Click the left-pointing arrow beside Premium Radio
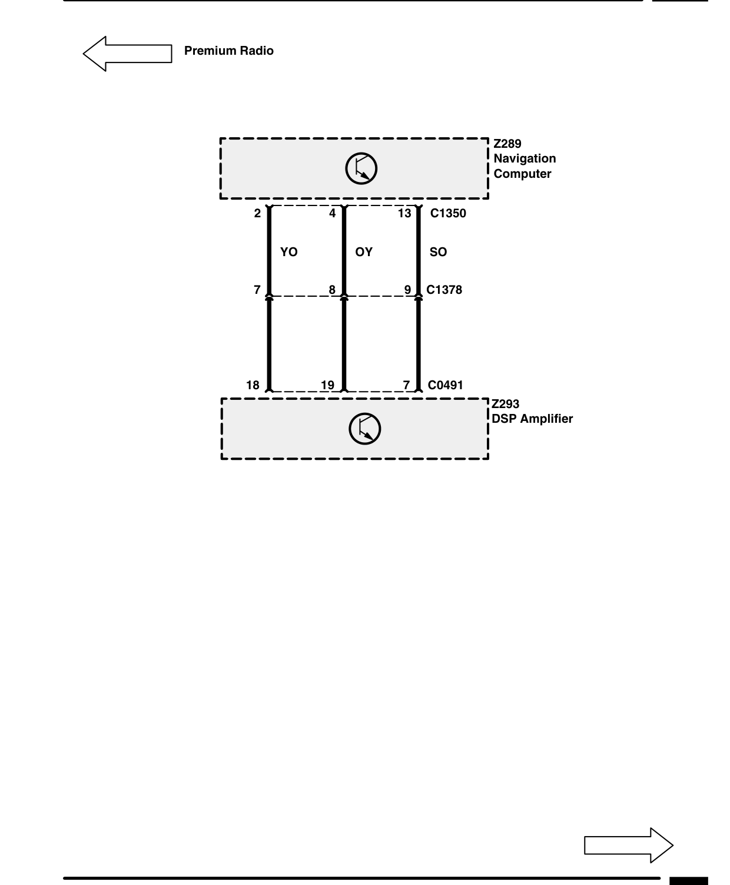(127, 54)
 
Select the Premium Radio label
(229, 51)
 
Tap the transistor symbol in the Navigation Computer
(361, 168)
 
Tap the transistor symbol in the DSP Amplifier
(364, 429)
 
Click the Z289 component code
(507, 144)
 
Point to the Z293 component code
(505, 404)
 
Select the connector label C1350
(448, 213)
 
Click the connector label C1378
(444, 290)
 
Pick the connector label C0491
(446, 385)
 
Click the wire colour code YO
(289, 252)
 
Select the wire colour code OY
(364, 252)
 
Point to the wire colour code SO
(439, 252)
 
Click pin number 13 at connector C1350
(404, 213)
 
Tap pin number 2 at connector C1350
(257, 213)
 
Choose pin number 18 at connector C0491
(253, 385)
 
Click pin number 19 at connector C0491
(327, 385)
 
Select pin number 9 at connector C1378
(407, 290)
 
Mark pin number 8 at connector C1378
(332, 290)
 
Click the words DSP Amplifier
(532, 419)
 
